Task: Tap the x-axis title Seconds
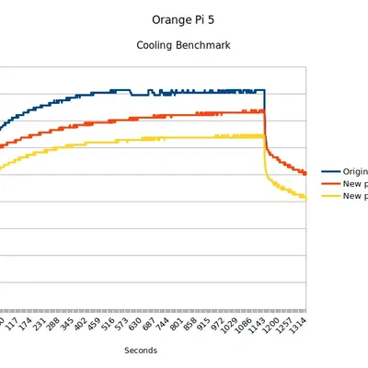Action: pyautogui.click(x=141, y=350)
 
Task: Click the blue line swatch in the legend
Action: pyautogui.click(x=330, y=171)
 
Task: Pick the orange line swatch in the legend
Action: pyautogui.click(x=330, y=183)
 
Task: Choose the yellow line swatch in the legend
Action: pyautogui.click(x=330, y=196)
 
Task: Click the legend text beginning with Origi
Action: pyautogui.click(x=355, y=171)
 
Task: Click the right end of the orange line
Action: pyautogui.click(x=305, y=173)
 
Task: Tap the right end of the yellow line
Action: pyautogui.click(x=305, y=198)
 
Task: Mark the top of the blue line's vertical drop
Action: pyautogui.click(x=265, y=90)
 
